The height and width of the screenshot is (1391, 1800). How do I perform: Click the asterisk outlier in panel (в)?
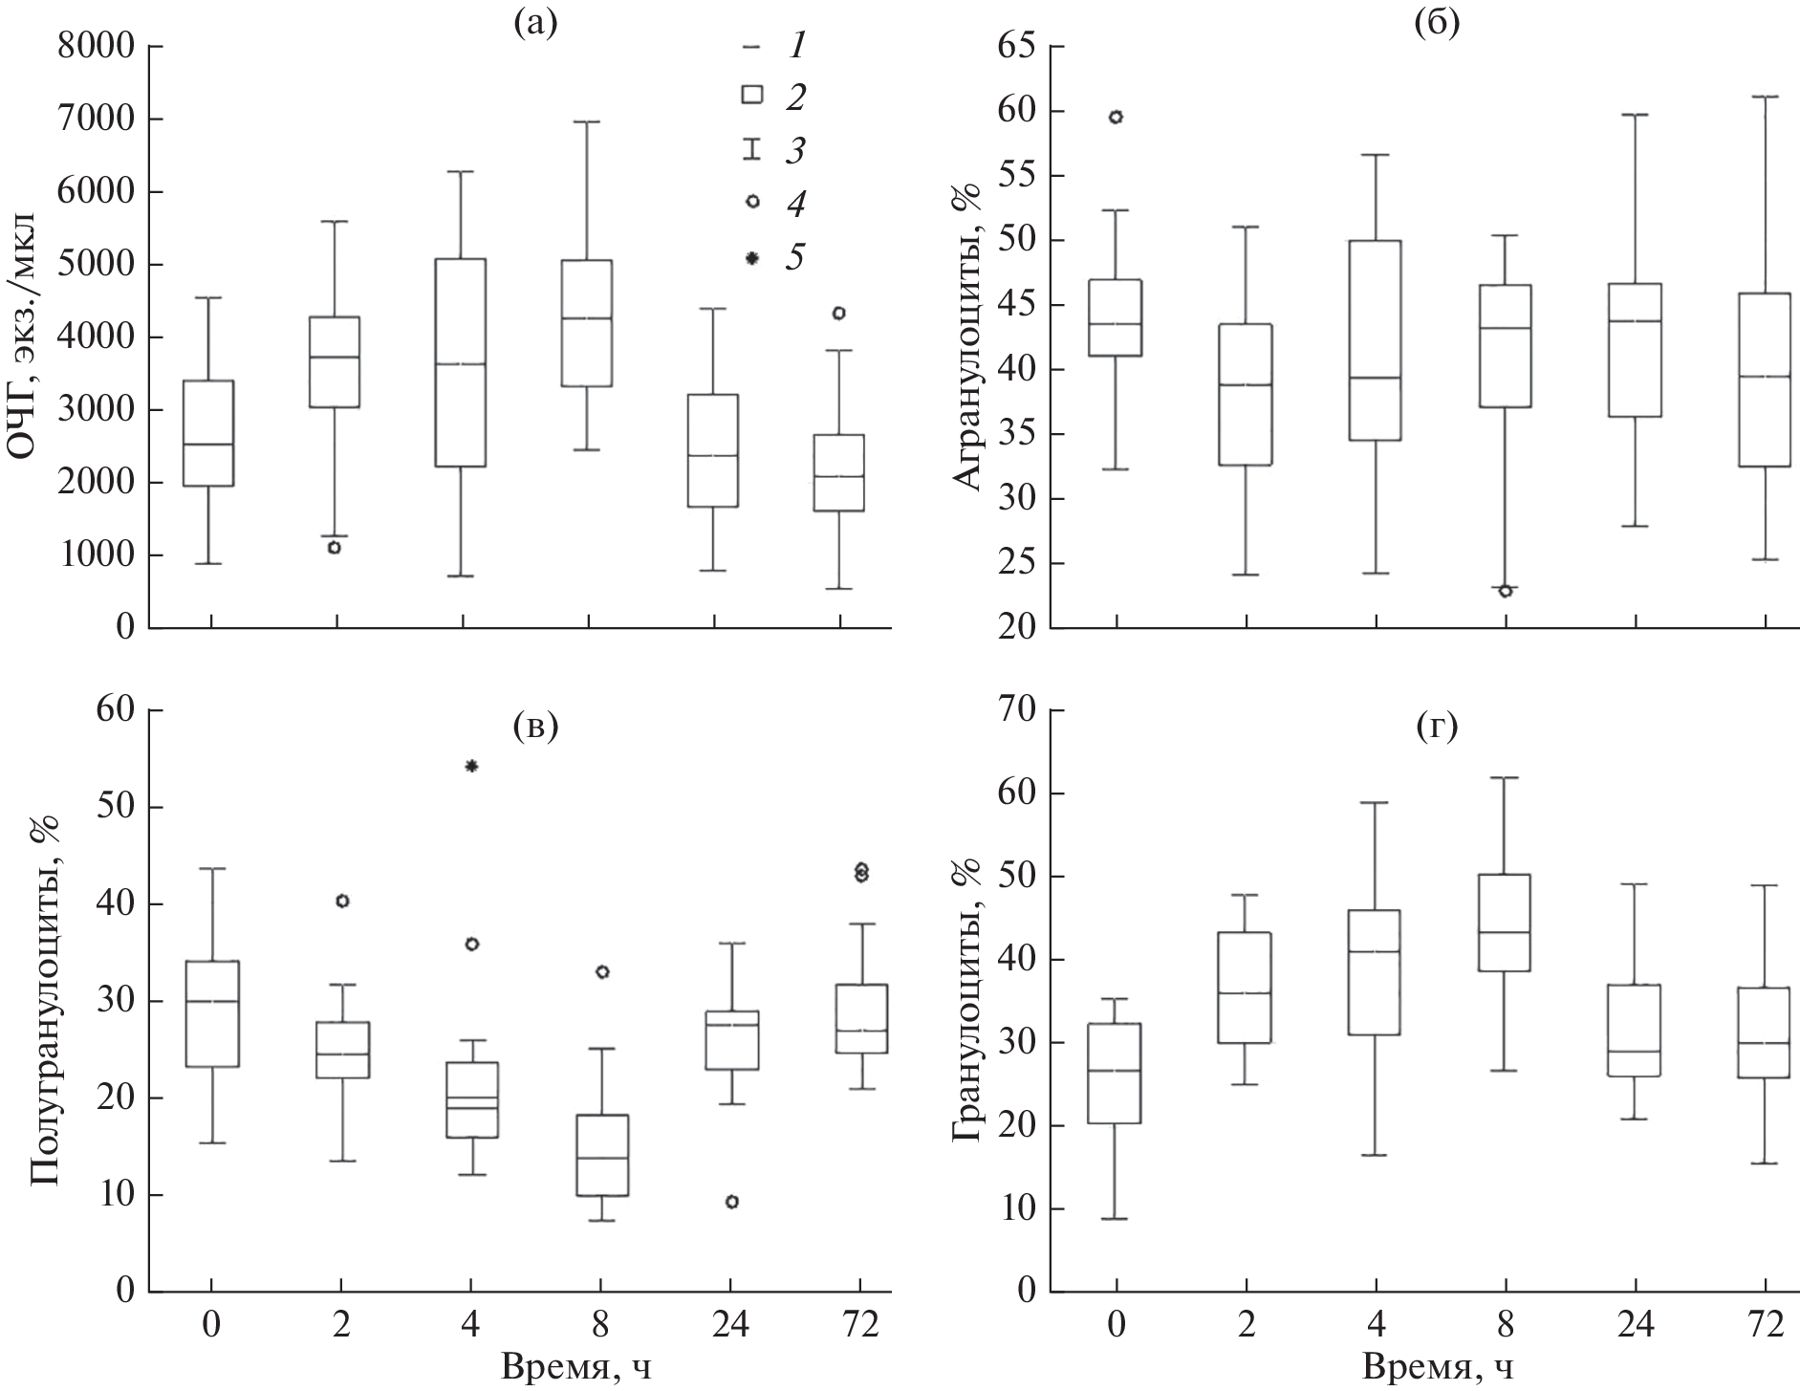[471, 766]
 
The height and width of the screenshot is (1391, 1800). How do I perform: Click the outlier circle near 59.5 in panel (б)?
[1116, 118]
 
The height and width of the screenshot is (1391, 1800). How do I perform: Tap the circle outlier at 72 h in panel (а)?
[838, 313]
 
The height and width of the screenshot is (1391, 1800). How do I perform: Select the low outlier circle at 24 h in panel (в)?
[732, 1202]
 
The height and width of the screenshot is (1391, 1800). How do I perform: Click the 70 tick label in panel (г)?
[1017, 711]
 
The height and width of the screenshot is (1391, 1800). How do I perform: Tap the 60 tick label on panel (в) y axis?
[115, 711]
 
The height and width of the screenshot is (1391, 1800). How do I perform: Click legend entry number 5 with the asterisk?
[772, 257]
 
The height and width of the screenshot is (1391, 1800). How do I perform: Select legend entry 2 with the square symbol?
[772, 95]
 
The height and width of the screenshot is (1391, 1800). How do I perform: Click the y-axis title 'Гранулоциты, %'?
[967, 998]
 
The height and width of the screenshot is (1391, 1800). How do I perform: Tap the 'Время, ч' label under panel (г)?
[1439, 1368]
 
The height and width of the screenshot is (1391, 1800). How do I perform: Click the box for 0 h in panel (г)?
[1116, 1073]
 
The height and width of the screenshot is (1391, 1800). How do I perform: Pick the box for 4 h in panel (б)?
[1375, 339]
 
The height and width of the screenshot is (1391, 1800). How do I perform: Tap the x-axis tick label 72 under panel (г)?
[1765, 1325]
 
